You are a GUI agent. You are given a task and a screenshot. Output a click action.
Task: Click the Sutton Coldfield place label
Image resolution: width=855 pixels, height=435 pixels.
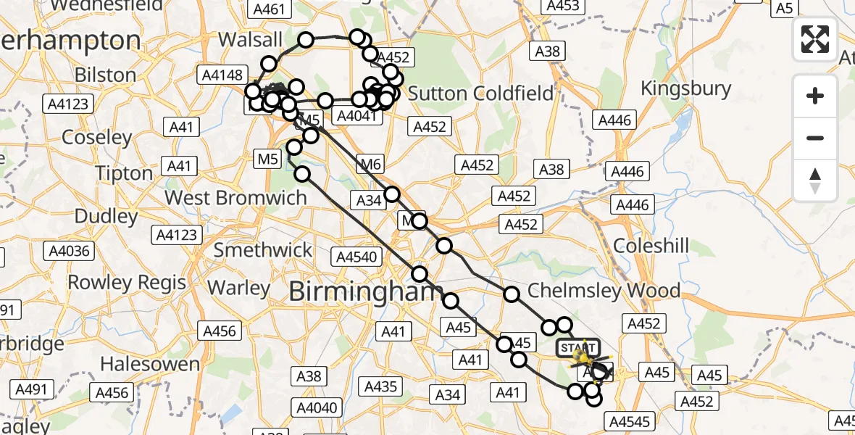point(480,93)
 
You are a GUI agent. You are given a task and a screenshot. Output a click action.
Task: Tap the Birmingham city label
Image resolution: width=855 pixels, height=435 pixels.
point(366,291)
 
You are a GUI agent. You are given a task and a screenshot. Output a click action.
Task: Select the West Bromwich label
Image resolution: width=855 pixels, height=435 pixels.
point(236,197)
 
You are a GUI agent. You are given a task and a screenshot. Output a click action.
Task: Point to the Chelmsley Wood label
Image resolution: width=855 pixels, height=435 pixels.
point(604,291)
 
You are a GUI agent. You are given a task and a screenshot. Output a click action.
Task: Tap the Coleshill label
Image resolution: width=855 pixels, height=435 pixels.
point(651,246)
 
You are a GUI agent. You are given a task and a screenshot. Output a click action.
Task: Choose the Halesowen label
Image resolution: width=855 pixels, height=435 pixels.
point(150,362)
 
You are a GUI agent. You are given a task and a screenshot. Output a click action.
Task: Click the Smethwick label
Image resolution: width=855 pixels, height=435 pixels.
point(262,249)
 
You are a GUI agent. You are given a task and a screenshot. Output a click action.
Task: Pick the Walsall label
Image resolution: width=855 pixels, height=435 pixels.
point(250,40)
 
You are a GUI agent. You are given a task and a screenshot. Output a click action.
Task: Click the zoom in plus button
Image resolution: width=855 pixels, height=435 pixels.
point(815,96)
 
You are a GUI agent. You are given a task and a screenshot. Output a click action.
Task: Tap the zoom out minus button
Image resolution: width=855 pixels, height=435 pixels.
point(815,138)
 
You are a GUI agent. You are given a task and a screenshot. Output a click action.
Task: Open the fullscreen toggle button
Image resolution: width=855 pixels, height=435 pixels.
point(815,39)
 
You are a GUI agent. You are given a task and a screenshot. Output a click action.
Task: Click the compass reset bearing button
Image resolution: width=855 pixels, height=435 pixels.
point(815,180)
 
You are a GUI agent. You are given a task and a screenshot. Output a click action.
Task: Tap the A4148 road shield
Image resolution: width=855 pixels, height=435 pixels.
point(222,74)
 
